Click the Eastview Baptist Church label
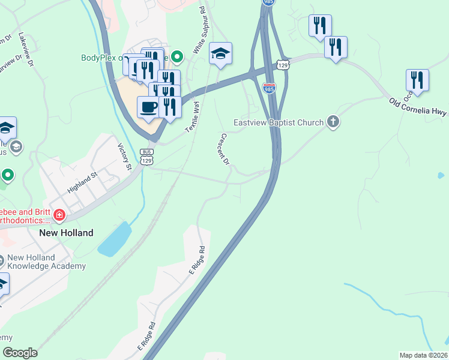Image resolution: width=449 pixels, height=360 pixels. (x=279, y=122)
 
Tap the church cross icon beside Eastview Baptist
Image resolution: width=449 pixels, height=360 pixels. (x=333, y=122)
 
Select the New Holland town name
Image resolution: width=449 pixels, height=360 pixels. (x=66, y=232)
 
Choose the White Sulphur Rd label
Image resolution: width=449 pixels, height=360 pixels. (x=199, y=32)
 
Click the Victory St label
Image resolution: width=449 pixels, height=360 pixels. (x=124, y=156)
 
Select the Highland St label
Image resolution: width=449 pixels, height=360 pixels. (x=82, y=183)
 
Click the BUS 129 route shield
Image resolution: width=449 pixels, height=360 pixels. (x=146, y=157)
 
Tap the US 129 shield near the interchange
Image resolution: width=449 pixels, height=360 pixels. (x=284, y=64)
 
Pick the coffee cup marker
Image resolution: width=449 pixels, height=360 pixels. (x=148, y=107)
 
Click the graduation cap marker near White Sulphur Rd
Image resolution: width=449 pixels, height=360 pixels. (x=220, y=54)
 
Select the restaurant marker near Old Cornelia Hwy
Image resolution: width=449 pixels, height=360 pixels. (x=417, y=80)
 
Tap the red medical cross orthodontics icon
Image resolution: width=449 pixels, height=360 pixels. (x=59, y=215)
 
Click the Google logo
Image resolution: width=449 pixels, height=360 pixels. (x=20, y=353)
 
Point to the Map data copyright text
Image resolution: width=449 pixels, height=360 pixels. (x=423, y=355)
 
